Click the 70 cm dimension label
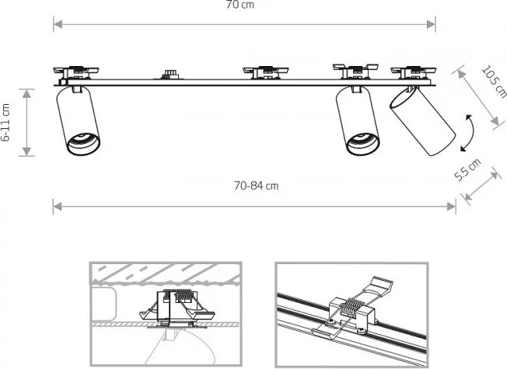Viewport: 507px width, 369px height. [x=240, y=5]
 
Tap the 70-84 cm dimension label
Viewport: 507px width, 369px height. [x=256, y=186]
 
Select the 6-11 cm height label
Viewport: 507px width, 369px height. [x=5, y=123]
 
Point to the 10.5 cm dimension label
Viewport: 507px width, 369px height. [x=494, y=82]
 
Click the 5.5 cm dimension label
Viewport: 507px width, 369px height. [x=467, y=169]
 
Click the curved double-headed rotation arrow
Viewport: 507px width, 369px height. [x=470, y=133]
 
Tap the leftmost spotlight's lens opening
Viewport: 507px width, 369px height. [x=82, y=144]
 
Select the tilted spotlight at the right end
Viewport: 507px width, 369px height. [x=422, y=120]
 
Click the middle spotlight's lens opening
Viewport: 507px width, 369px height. [x=362, y=144]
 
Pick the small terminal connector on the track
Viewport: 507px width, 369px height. [x=170, y=75]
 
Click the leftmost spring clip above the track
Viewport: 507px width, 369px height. [x=76, y=72]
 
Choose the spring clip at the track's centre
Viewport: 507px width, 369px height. [x=265, y=72]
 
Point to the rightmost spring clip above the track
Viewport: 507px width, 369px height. [x=413, y=72]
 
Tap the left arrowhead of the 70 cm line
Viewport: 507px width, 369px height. [x=58, y=24]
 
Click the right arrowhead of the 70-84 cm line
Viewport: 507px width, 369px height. [x=451, y=207]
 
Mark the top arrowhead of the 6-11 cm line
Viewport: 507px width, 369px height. [x=27, y=93]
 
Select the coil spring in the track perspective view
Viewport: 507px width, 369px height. [x=350, y=309]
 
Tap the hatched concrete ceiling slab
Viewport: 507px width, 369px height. [x=165, y=273]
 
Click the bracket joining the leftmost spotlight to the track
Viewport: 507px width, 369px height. [x=77, y=89]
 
